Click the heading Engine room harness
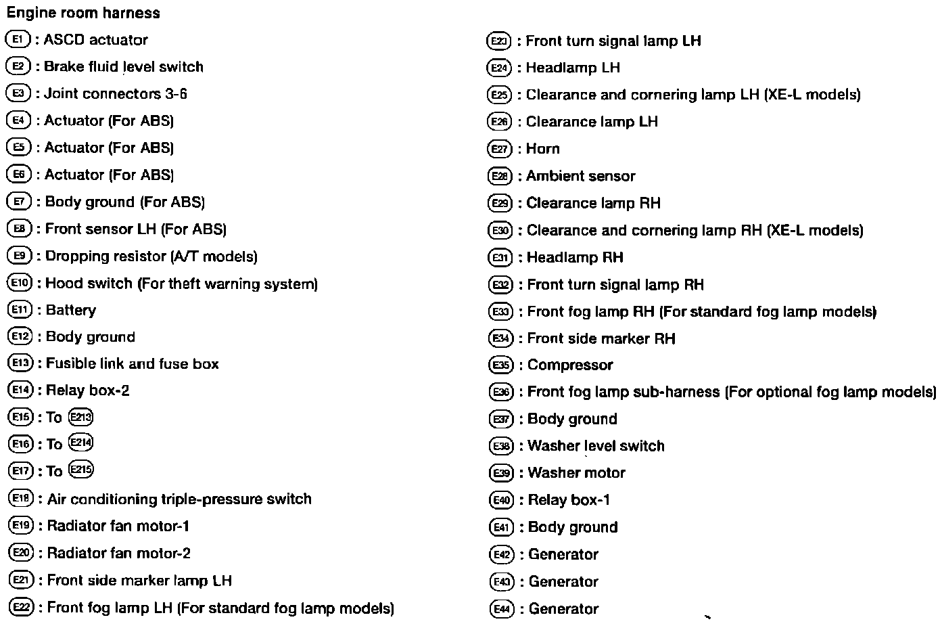(83, 13)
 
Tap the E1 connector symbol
(18, 39)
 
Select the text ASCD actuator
(95, 40)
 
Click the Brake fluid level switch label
(123, 67)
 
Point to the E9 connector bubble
(19, 256)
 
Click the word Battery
(71, 310)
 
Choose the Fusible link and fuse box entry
(133, 364)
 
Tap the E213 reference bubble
(80, 417)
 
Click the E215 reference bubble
(81, 470)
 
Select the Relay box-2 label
(88, 390)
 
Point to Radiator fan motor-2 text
(119, 554)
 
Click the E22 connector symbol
(21, 608)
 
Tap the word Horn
(543, 149)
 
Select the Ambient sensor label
(581, 177)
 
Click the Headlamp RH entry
(575, 258)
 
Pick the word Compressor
(570, 365)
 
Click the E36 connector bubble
(501, 392)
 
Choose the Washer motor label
(576, 473)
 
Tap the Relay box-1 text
(569, 500)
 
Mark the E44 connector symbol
(502, 609)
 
